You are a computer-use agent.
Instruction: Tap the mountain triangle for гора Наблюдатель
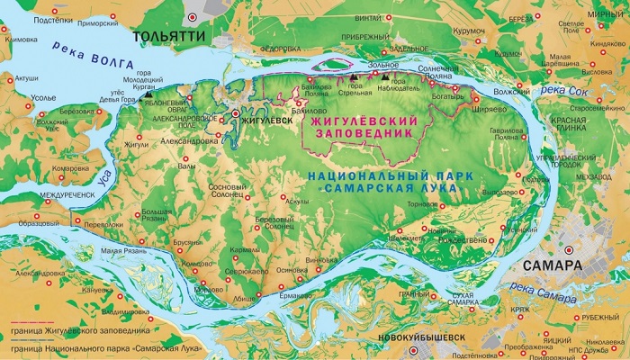pyautogui.click(x=386, y=77)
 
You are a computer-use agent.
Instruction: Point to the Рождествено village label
pyautogui.click(x=462, y=240)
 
